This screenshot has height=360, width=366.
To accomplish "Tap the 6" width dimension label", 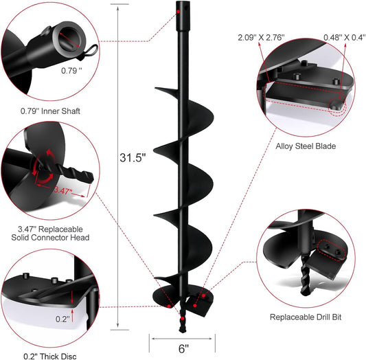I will point(183,348).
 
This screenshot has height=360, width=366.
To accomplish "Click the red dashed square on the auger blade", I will point(203,297).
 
